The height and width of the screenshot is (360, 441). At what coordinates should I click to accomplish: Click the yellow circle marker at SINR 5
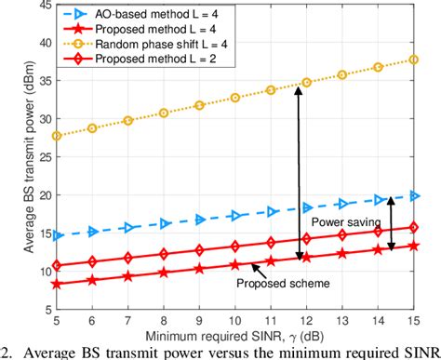click(x=59, y=136)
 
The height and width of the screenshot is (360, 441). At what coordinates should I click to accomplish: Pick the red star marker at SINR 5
click(x=59, y=284)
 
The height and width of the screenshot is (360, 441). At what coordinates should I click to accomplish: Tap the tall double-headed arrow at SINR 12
click(x=300, y=172)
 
